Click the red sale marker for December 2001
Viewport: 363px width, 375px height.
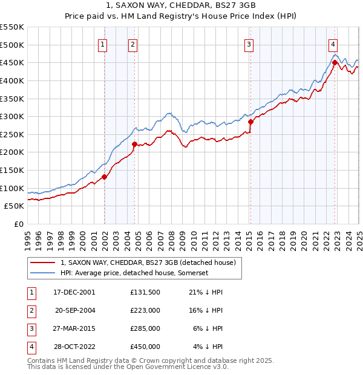tap(104, 177)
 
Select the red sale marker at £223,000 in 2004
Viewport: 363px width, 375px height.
tap(134, 144)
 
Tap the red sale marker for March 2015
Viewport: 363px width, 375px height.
tap(250, 122)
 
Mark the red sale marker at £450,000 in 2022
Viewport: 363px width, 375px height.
tap(335, 62)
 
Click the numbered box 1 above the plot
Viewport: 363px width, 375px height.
tap(103, 44)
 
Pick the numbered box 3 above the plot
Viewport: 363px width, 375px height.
tap(249, 44)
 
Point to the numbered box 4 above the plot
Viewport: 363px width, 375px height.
tap(333, 44)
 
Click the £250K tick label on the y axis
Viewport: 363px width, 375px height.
tap(12, 134)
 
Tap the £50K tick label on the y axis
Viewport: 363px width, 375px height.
tap(15, 206)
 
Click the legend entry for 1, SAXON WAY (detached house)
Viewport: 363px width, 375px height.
tap(151, 262)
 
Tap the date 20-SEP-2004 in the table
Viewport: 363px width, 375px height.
tap(75, 310)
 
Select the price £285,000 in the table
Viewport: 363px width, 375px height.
tap(145, 328)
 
